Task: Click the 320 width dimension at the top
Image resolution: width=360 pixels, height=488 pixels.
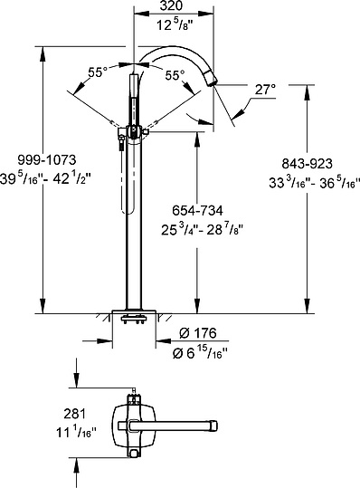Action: click(x=171, y=5)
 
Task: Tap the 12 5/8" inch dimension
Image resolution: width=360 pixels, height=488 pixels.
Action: click(x=173, y=24)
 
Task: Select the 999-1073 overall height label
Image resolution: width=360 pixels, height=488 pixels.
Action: click(x=47, y=160)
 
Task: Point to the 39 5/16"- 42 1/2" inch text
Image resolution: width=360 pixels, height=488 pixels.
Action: click(x=45, y=179)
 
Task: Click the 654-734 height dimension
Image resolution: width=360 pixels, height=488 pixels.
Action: click(x=197, y=211)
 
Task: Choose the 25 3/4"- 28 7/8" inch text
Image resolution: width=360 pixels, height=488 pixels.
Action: click(x=202, y=230)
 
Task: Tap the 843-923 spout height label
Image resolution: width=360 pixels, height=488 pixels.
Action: click(x=307, y=164)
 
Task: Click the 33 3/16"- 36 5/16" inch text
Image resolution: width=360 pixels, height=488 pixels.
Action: click(x=314, y=183)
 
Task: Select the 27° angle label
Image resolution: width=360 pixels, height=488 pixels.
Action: click(x=265, y=90)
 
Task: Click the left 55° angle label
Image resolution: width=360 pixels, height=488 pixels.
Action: click(x=98, y=72)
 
